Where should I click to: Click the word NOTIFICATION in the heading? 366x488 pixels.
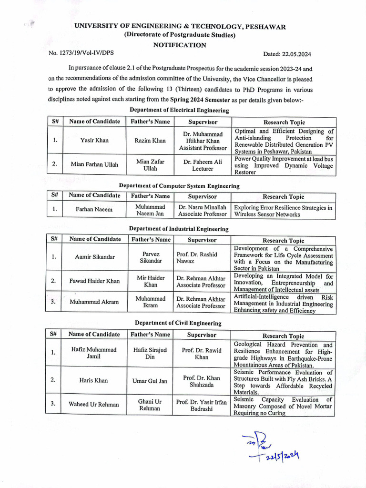tap(180, 45)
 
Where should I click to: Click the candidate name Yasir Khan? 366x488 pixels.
tap(94, 141)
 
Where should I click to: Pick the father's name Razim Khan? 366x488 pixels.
tap(150, 141)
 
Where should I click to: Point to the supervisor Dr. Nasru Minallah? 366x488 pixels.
tap(203, 211)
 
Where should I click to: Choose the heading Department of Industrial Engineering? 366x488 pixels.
tap(179, 229)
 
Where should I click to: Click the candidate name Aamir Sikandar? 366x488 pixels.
tap(94, 257)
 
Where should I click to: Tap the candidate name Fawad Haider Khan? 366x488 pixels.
tap(94, 281)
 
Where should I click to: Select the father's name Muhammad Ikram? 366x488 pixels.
tap(150, 302)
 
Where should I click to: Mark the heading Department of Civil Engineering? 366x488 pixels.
tap(178, 323)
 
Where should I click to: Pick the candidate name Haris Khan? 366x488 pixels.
tap(93, 381)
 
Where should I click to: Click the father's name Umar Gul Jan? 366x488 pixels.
tap(150, 381)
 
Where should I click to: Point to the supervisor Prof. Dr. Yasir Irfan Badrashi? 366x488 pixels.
tap(202, 405)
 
